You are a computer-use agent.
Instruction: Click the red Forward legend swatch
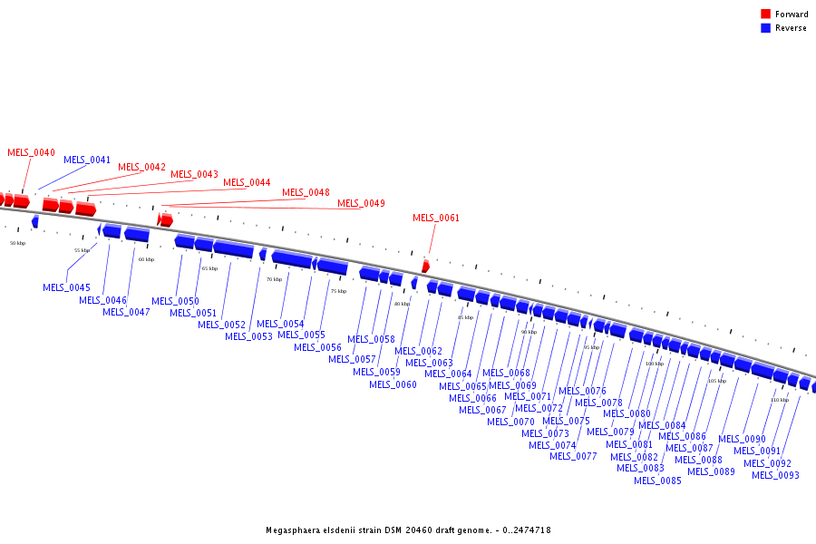pyautogui.click(x=765, y=15)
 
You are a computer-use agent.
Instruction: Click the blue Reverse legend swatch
pyautogui.click(x=765, y=28)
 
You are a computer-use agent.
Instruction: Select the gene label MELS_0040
pyautogui.click(x=31, y=152)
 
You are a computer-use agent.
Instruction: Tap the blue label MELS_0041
pyautogui.click(x=87, y=160)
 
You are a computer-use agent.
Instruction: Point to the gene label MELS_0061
pyautogui.click(x=436, y=218)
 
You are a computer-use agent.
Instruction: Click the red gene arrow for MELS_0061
pyautogui.click(x=426, y=266)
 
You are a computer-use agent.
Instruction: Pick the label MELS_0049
pyautogui.click(x=361, y=203)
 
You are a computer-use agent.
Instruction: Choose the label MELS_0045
pyautogui.click(x=66, y=287)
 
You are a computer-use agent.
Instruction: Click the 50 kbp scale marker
pyautogui.click(x=18, y=243)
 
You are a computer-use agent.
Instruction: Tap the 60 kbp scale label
pyautogui.click(x=146, y=259)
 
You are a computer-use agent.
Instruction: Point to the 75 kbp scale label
pyautogui.click(x=338, y=291)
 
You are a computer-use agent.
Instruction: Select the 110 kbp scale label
pyautogui.click(x=780, y=400)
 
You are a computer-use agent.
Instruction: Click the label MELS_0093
pyautogui.click(x=775, y=475)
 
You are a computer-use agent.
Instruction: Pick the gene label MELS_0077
pyautogui.click(x=573, y=456)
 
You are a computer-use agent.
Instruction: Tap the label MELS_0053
pyautogui.click(x=248, y=336)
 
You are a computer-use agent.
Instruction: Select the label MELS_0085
pyautogui.click(x=657, y=481)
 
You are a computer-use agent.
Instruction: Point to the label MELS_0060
pyautogui.click(x=393, y=384)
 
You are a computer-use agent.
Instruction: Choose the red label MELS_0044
pyautogui.click(x=247, y=182)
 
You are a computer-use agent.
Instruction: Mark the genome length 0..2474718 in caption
pyautogui.click(x=520, y=530)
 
